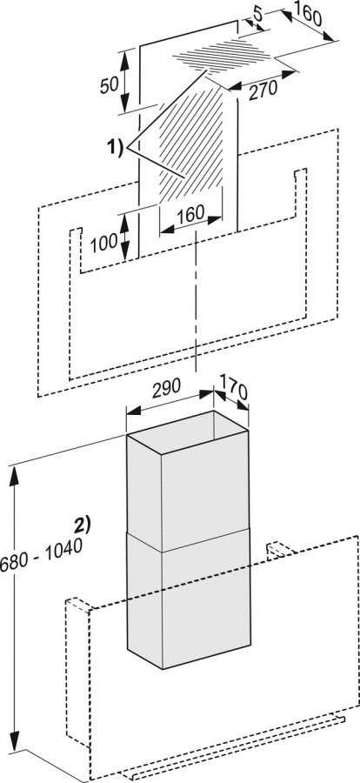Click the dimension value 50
pyautogui.click(x=110, y=85)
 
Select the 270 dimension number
pyautogui.click(x=263, y=90)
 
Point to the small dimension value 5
pyautogui.click(x=258, y=15)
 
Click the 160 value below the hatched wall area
pyautogui.click(x=190, y=213)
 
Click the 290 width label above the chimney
pyautogui.click(x=166, y=388)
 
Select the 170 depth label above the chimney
pyautogui.click(x=232, y=389)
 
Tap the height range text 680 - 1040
pyautogui.click(x=41, y=555)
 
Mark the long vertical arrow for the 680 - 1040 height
pyautogui.click(x=15, y=609)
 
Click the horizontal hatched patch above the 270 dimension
pyautogui.click(x=223, y=55)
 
